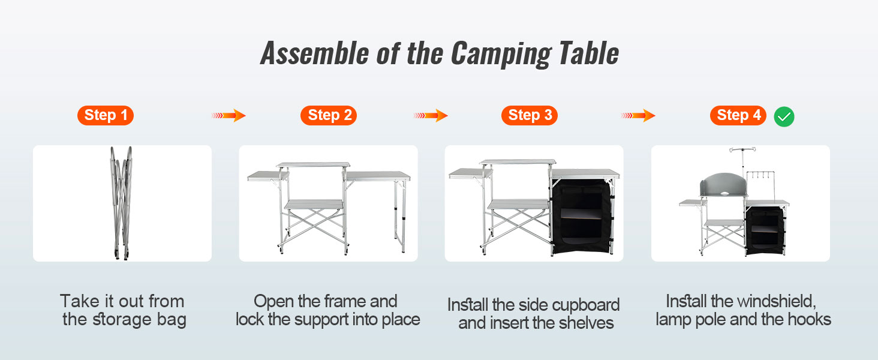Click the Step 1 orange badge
tap(106, 115)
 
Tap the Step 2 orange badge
tap(329, 115)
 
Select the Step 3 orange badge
tap(530, 115)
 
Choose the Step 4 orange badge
tap(738, 115)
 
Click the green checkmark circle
tap(784, 117)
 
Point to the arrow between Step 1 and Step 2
tap(228, 115)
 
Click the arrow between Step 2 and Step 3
tap(431, 115)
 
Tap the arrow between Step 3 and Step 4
tap(638, 115)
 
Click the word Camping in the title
tap(501, 54)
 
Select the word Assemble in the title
tap(315, 53)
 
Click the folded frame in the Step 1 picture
tap(121, 203)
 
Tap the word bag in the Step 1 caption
tap(172, 320)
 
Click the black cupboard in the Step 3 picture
tap(582, 216)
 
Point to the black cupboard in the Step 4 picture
tap(765, 230)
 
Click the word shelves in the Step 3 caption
tap(586, 323)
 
